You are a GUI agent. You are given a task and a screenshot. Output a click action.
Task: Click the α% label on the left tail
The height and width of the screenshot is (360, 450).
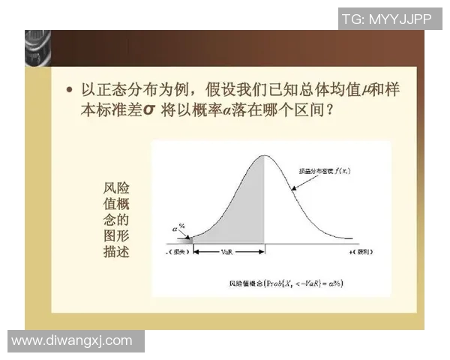(178, 225)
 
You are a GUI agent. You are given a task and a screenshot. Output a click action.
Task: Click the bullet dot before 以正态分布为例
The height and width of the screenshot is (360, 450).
(70, 90)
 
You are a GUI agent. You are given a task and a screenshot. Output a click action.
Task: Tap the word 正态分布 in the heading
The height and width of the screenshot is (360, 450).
(124, 90)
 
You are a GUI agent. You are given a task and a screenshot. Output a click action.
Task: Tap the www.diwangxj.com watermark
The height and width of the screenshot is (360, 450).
(72, 340)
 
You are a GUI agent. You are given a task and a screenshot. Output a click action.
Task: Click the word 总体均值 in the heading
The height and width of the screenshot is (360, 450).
(333, 90)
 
